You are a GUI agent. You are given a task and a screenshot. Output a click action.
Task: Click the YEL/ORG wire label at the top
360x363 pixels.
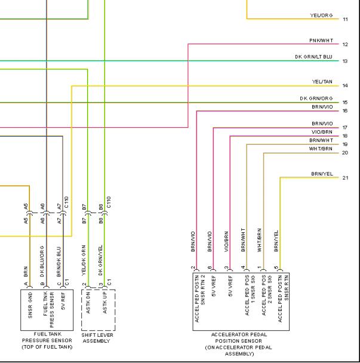[x=321, y=16]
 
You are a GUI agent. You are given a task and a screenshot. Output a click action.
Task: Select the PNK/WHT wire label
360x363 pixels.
[x=321, y=41]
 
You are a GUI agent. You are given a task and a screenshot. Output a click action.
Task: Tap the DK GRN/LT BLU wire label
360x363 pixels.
[x=313, y=57]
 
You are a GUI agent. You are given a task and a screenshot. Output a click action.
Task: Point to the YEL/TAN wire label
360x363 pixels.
[x=322, y=82]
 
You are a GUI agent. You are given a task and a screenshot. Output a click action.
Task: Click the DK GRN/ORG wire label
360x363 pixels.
[x=316, y=99]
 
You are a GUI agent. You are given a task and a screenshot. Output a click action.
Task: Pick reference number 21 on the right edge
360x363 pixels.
[x=345, y=178]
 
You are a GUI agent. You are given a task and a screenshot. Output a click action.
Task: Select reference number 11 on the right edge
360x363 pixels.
[x=345, y=19]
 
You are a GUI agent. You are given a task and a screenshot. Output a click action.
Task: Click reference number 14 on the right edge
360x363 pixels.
[x=345, y=85]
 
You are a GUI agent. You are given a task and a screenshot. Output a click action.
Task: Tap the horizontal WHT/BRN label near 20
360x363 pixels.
[x=321, y=149]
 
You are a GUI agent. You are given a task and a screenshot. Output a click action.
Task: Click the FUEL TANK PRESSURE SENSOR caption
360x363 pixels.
[x=47, y=340]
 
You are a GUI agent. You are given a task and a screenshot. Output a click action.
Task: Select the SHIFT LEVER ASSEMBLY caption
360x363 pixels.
[x=97, y=338]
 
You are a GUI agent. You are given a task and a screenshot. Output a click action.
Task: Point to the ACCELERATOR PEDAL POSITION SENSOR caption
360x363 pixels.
[x=238, y=344]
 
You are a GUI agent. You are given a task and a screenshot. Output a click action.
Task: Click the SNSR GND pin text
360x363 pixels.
[x=30, y=305]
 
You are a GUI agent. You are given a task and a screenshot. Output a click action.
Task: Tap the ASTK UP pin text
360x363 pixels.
[x=105, y=304]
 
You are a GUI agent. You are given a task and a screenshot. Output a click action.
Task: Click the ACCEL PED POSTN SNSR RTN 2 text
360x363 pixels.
[x=200, y=299]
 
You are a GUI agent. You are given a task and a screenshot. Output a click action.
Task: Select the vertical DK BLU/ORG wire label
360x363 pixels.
[x=42, y=262]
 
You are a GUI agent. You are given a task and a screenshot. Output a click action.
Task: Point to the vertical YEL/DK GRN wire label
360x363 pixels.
[x=84, y=260]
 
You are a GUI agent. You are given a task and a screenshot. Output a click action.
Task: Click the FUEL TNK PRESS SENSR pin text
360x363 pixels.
[x=48, y=310]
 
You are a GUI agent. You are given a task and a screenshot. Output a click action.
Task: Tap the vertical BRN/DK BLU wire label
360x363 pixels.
[x=59, y=262]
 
